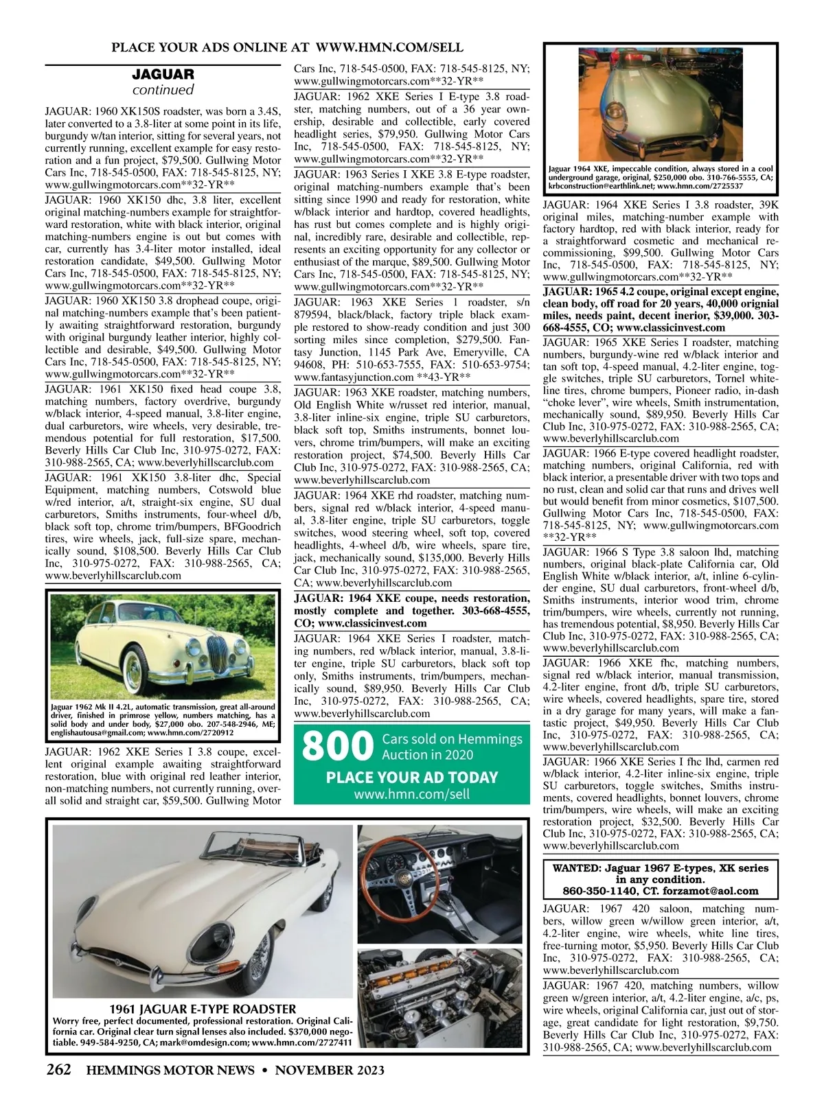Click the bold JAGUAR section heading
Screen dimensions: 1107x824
coord(163,74)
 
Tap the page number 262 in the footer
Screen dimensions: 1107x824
coord(58,1071)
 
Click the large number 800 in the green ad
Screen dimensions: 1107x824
coord(336,748)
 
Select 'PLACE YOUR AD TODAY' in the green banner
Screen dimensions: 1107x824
coord(411,778)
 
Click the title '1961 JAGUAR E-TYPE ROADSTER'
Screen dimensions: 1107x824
coord(203,1009)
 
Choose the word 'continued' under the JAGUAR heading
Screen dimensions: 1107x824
coord(163,90)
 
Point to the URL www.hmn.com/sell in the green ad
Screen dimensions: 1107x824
coord(411,794)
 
